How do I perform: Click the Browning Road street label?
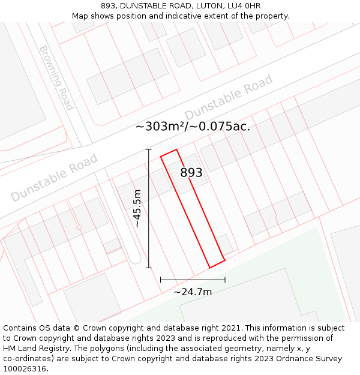tap(56, 78)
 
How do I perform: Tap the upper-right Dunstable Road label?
tap(229, 97)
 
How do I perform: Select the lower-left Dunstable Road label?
tap(54, 178)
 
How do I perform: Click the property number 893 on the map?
tap(191, 173)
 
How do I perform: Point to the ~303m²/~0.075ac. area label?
tap(193, 126)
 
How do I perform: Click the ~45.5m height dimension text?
tap(137, 208)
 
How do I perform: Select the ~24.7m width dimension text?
tap(193, 292)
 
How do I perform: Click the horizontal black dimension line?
tap(193, 280)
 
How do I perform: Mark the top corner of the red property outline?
tap(176, 149)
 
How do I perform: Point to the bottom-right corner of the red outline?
tap(225, 260)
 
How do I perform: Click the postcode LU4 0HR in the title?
tap(247, 6)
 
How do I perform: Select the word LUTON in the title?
tap(207, 6)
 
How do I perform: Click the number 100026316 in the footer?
tap(24, 369)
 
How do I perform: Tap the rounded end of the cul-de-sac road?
tap(135, 258)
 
